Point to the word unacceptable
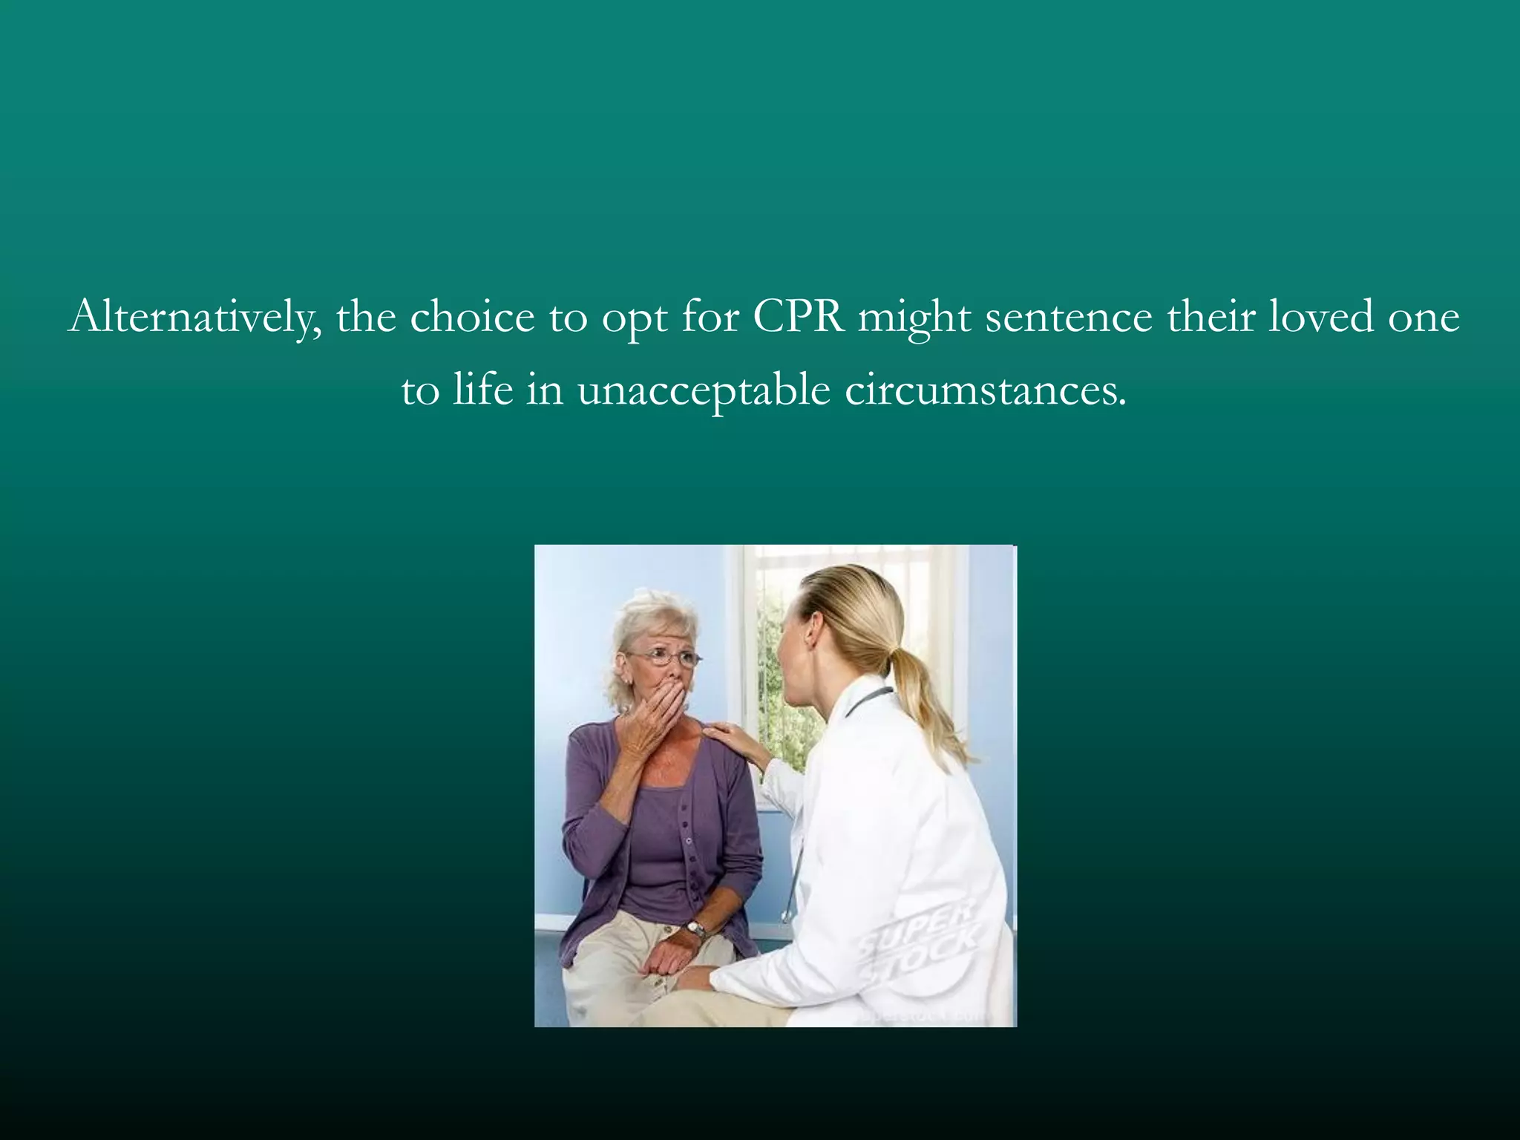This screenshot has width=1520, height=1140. click(x=703, y=390)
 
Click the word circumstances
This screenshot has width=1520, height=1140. click(x=985, y=390)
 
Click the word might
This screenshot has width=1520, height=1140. click(x=914, y=318)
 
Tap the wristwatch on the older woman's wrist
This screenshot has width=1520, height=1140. click(x=695, y=929)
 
